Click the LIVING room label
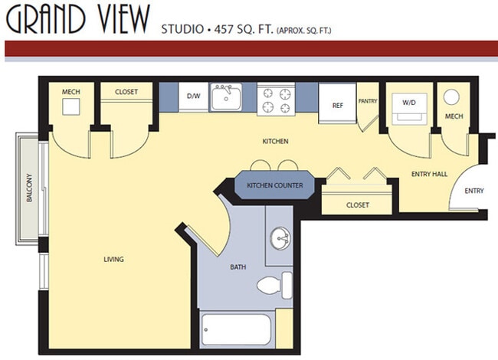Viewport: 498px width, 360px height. [x=113, y=259]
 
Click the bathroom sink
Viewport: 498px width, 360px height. [x=280, y=238]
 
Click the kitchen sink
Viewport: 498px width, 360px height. [x=226, y=97]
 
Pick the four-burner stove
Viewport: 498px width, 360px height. [x=276, y=97]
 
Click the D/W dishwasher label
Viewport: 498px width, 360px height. [x=193, y=97]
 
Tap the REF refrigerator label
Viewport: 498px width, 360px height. [x=337, y=106]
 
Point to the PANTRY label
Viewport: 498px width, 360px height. [x=368, y=100]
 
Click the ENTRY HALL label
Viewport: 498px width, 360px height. [x=429, y=174]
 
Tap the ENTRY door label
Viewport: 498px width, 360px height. [x=474, y=191]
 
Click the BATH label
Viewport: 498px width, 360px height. [x=238, y=267]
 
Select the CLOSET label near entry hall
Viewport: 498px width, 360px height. [x=357, y=205]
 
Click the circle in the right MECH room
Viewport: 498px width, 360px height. [x=452, y=97]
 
